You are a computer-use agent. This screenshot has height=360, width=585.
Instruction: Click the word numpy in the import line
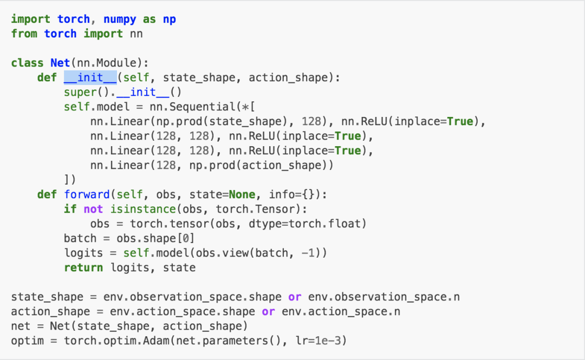(120, 19)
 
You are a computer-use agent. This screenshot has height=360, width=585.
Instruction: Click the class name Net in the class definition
(60, 63)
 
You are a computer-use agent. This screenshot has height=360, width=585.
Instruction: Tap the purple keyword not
(93, 209)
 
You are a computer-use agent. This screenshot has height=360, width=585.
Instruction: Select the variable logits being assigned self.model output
(83, 253)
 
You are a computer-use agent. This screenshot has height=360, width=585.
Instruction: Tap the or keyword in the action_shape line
(268, 312)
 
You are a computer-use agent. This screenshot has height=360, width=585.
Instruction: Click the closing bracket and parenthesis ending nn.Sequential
(70, 179)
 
